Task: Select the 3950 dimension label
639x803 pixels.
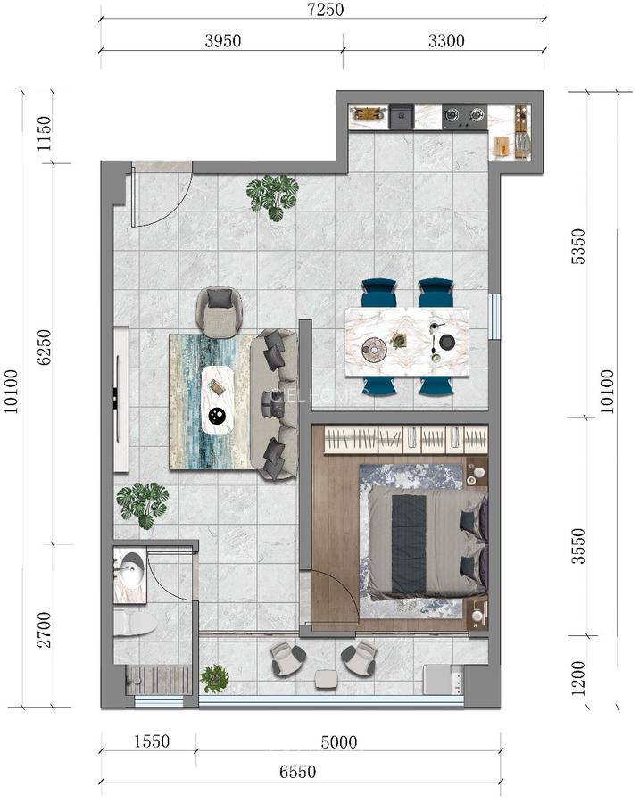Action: pos(221,40)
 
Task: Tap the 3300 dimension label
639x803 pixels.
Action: pos(444,40)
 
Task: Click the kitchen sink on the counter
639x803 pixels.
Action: pos(401,116)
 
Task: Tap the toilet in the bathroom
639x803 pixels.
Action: pos(134,623)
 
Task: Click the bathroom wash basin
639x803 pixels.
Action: pos(131,569)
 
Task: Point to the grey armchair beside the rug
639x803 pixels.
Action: pos(220,310)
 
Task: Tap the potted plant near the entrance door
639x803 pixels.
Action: pos(273,195)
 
